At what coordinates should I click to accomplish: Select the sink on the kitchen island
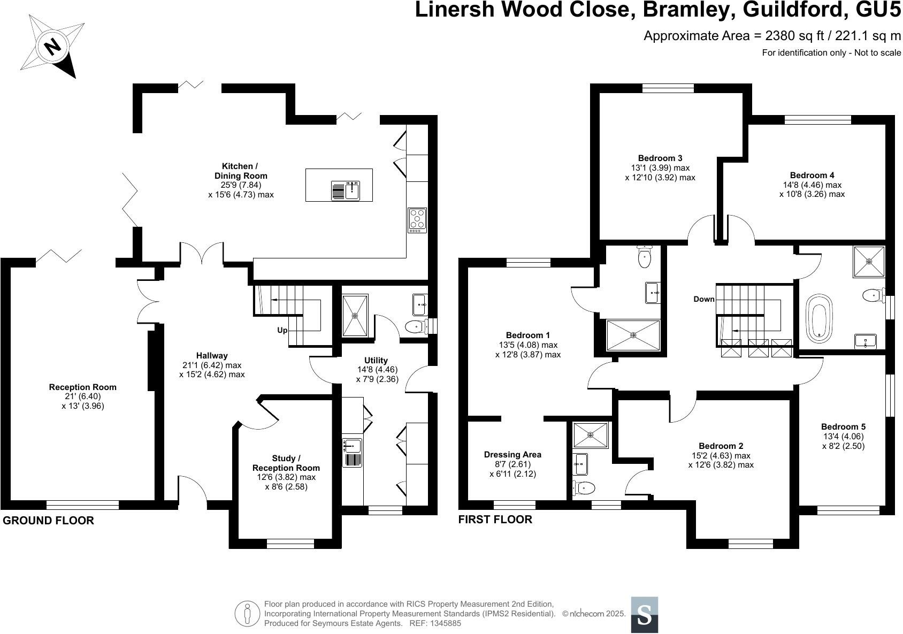pos(353,190)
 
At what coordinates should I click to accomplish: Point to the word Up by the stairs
pos(282,330)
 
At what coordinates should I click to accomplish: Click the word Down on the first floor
pos(703,299)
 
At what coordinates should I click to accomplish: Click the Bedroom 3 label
pos(660,158)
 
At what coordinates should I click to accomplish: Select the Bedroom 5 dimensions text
pos(843,441)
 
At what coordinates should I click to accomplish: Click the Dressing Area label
pos(512,454)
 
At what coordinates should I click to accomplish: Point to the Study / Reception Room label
pos(286,463)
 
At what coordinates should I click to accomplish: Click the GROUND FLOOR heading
pos(48,520)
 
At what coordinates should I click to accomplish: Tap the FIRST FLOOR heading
pos(495,520)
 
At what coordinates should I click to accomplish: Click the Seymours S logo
pos(644,615)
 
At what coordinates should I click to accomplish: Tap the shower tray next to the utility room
pos(355,315)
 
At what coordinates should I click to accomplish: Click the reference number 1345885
pos(443,623)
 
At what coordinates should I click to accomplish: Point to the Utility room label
pos(376,360)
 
